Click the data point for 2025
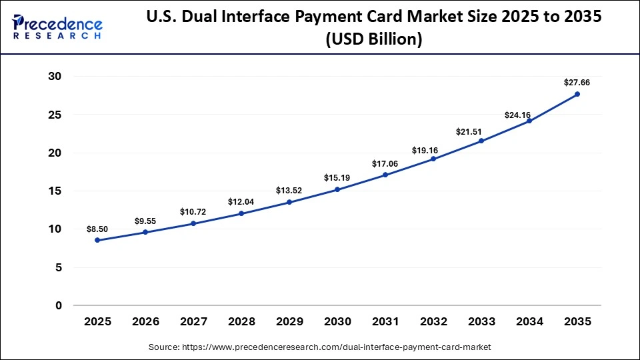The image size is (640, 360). pos(97,240)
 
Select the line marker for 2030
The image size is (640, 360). pos(337,189)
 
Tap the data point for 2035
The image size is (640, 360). pos(577,94)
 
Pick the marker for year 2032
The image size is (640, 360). pos(433,159)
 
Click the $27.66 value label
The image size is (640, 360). pos(577,83)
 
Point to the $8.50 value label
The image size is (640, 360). pos(97,229)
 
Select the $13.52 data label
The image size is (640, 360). pos(289,191)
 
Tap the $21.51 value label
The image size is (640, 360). pos(481,132)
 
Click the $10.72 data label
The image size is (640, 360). pos(193,212)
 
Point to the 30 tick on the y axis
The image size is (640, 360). pos(54,77)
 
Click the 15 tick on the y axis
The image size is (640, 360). pos(54,191)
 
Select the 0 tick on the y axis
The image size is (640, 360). pos(58,306)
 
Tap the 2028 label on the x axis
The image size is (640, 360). pos(241,322)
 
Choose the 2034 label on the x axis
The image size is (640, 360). pos(529,322)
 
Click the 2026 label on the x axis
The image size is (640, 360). pos(145,322)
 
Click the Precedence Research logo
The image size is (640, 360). pos(57,27)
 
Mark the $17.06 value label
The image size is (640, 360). pos(385,164)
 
